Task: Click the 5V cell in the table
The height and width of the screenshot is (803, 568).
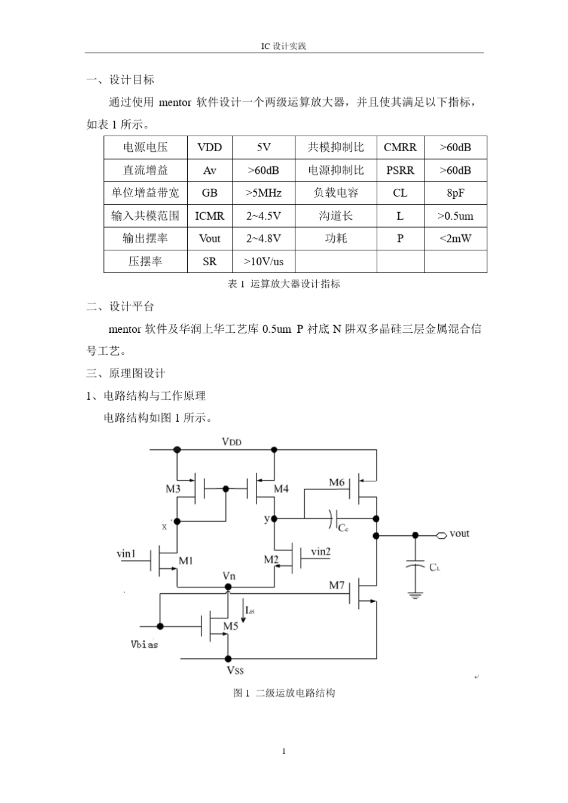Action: coord(263,148)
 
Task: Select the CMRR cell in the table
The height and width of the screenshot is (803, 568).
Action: coord(400,148)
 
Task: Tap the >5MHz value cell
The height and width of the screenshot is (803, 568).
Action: coord(263,193)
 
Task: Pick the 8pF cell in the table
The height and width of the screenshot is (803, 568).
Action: coord(456,193)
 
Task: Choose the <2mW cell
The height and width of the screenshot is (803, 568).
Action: coord(456,238)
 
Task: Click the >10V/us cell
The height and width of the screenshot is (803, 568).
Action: coord(263,262)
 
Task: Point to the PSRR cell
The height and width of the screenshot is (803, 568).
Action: coord(400,170)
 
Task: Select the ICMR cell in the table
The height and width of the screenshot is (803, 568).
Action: coord(210,216)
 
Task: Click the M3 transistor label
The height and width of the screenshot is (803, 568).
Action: coord(173,489)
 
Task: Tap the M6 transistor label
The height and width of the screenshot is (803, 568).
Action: coord(337,482)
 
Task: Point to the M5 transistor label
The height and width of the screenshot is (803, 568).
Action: coord(231,626)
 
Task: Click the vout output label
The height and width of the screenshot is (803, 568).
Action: coord(459,534)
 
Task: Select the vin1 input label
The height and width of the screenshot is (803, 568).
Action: coord(126,554)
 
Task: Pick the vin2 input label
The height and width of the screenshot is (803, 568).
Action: coord(320,551)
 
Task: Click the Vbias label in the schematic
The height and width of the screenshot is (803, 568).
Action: coord(144,644)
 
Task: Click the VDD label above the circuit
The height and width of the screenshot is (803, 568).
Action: coord(231,442)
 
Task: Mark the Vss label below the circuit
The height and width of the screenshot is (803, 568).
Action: coord(235,670)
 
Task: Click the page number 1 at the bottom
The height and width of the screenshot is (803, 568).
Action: coord(284,751)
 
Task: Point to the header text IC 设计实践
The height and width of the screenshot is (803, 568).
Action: coord(283,46)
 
